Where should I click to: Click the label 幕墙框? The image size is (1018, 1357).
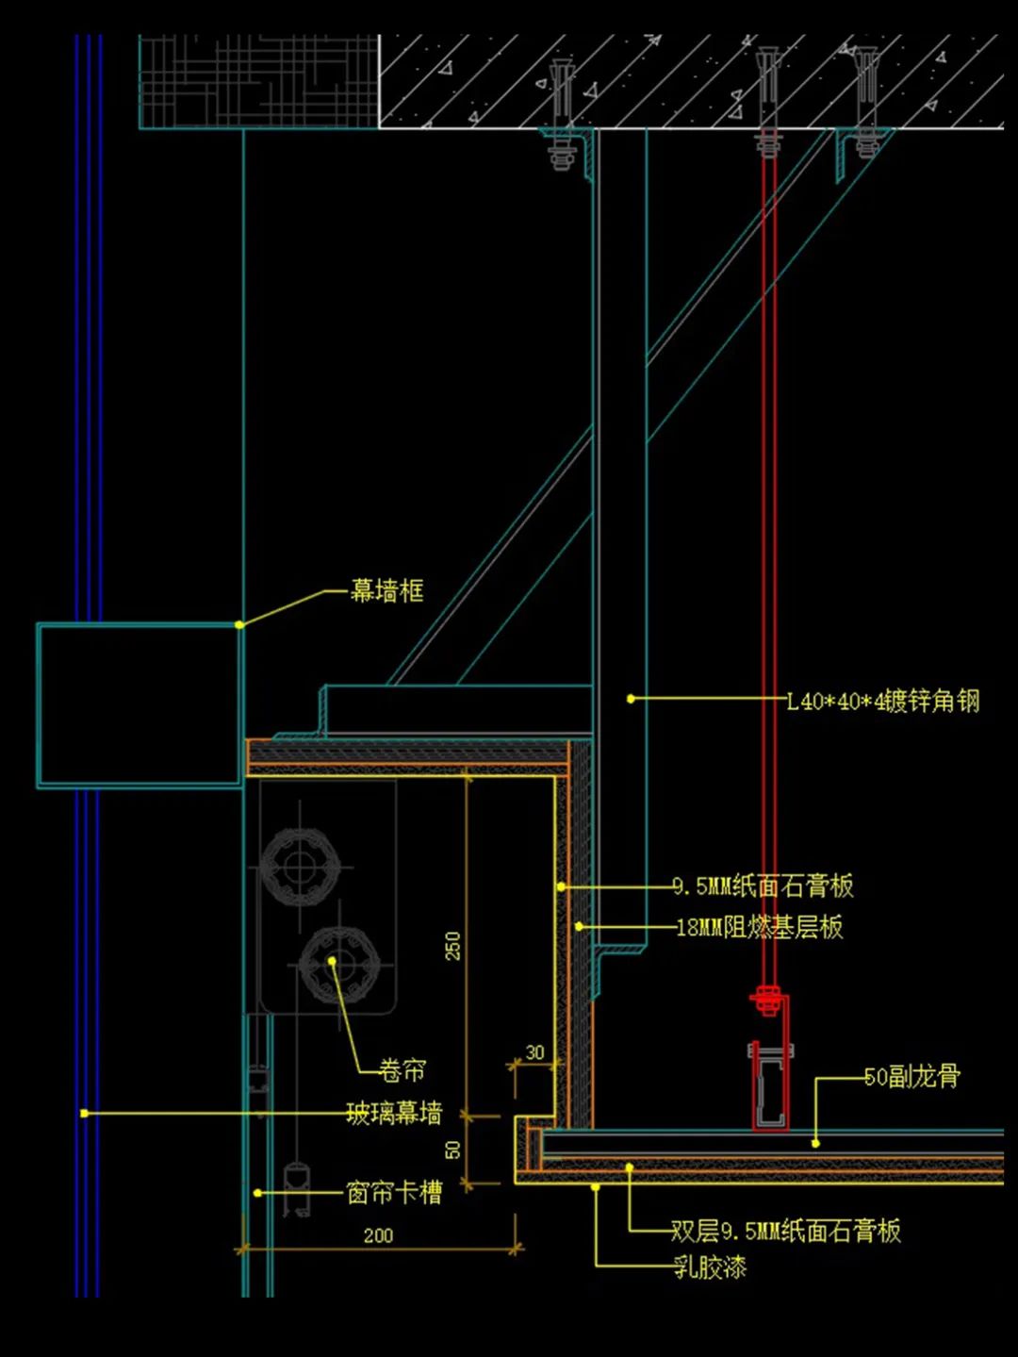click(x=386, y=591)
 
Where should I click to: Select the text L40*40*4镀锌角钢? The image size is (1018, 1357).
click(x=883, y=701)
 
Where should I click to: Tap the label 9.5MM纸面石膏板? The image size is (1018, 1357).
click(x=763, y=885)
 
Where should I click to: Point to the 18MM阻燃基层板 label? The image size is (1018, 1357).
click(x=760, y=927)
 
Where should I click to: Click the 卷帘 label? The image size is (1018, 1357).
click(x=402, y=1070)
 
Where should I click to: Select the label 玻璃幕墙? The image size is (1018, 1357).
click(x=394, y=1114)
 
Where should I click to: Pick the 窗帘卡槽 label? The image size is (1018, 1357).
click(x=394, y=1193)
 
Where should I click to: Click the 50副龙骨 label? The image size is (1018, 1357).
click(x=911, y=1076)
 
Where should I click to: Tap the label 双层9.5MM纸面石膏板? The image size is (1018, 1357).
click(x=785, y=1231)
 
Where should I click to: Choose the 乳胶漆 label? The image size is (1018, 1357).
click(x=710, y=1266)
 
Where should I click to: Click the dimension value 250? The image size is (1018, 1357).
click(x=453, y=946)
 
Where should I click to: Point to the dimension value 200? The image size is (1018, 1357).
click(x=378, y=1235)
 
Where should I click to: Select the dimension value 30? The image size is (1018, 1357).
click(x=534, y=1052)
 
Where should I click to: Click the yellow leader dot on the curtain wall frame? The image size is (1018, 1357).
click(x=239, y=624)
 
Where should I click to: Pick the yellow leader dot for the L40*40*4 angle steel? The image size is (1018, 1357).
click(x=631, y=699)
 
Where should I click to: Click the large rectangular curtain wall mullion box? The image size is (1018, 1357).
click(x=140, y=704)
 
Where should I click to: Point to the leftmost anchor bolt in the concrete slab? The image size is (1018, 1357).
click(x=563, y=113)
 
